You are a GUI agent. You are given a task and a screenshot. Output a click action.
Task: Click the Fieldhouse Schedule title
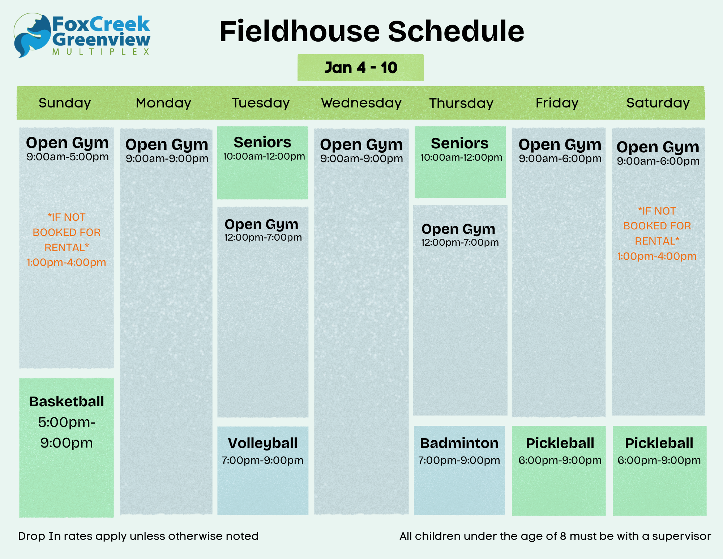pos(372,31)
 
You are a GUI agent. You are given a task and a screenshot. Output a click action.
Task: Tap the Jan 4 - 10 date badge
pos(360,68)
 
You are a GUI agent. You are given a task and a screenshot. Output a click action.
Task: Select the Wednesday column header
pos(361,103)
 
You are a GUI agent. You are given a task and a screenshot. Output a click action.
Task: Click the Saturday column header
pos(658,103)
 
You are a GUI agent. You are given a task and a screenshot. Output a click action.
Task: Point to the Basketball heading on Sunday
pos(67,401)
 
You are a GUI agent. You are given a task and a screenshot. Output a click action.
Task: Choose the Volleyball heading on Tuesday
pos(262,443)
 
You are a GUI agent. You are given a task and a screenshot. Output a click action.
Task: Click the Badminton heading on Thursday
pos(459,443)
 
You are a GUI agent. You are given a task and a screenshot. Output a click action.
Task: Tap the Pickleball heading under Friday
pos(560,443)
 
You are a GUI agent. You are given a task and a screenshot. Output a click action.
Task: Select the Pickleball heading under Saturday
pos(659,443)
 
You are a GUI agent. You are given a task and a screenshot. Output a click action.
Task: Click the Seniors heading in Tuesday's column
pos(262,142)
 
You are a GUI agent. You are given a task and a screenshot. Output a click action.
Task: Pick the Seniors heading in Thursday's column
pos(459,143)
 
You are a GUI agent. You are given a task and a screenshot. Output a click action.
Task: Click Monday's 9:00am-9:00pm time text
pos(167,159)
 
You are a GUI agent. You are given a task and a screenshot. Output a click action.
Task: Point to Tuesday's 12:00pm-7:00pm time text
pos(263,238)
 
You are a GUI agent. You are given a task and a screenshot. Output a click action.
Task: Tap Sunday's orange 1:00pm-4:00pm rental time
pos(67,262)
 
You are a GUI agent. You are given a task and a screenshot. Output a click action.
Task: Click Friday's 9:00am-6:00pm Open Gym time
pos(560,159)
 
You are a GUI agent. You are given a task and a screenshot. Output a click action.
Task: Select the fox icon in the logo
pos(32,35)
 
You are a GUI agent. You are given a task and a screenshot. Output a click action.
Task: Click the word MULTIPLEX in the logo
pos(101,52)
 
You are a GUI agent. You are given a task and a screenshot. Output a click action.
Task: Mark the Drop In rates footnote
pos(138,536)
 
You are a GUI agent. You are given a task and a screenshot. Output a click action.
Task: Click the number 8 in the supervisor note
pos(563,536)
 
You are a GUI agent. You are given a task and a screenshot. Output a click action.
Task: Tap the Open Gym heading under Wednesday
pos(361,145)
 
